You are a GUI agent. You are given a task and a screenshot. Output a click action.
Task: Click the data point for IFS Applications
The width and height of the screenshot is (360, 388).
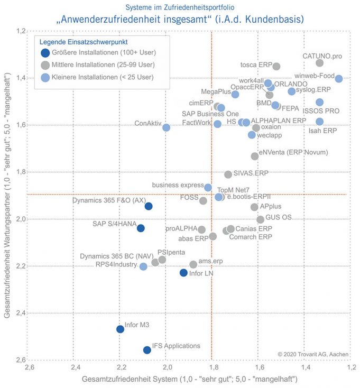tap(147, 350)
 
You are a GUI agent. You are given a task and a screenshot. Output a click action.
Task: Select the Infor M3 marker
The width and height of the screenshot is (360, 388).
tap(120, 329)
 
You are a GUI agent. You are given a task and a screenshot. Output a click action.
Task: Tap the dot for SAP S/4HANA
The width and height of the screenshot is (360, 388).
tap(141, 228)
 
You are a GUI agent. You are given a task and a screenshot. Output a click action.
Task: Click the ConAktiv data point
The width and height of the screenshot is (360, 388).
tap(166, 127)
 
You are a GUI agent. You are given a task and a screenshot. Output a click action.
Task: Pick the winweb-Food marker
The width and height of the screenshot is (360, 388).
tap(339, 79)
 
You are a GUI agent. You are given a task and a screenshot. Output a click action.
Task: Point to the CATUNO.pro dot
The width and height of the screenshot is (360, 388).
tap(319, 63)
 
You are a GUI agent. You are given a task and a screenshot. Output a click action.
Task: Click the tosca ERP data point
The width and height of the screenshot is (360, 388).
tap(276, 66)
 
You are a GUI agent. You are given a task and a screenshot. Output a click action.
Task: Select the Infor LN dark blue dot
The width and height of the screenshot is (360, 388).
tap(183, 273)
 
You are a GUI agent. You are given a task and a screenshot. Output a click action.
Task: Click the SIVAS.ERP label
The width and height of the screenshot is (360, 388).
tap(251, 173)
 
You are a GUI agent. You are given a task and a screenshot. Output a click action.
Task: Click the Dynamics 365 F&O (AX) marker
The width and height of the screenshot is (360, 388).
tap(149, 206)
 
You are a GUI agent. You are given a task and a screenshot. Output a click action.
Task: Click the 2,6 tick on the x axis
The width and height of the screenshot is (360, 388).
tap(30, 367)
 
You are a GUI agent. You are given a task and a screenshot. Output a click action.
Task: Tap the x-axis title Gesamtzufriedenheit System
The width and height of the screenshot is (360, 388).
tap(189, 379)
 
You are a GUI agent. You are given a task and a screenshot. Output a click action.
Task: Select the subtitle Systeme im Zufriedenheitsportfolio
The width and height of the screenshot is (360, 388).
tap(180, 7)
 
